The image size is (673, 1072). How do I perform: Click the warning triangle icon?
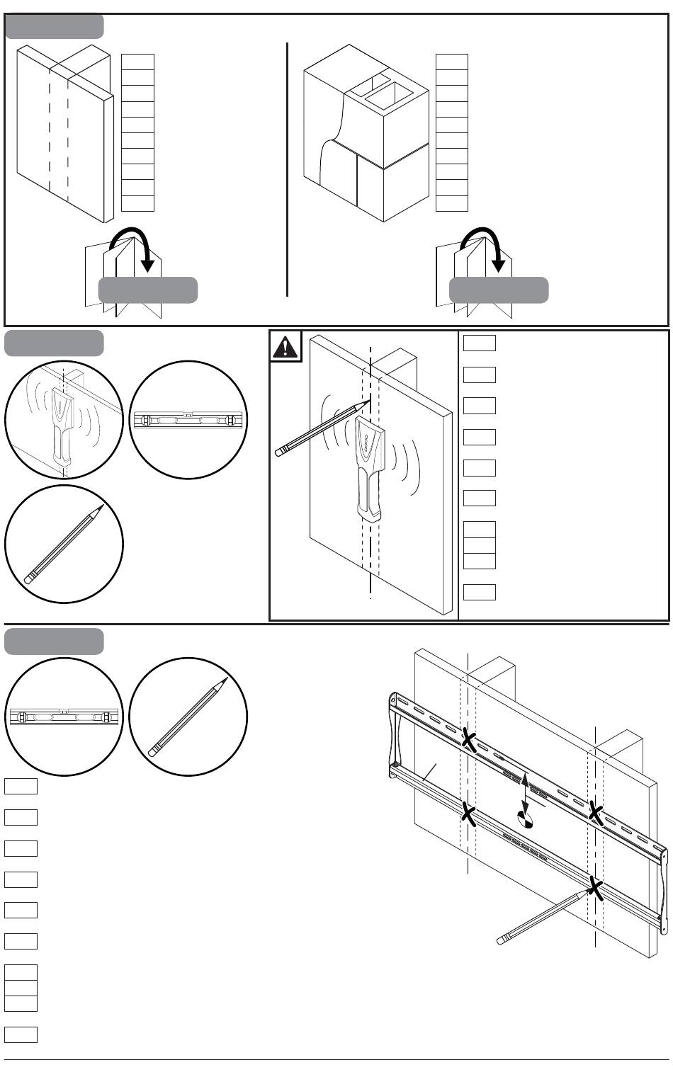tap(286, 347)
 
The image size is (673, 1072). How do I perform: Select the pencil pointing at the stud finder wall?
tap(323, 428)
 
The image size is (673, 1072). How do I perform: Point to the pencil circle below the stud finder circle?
tap(64, 544)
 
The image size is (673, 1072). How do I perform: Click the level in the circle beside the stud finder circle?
tap(188, 420)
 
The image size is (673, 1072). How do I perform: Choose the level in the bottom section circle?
tap(64, 717)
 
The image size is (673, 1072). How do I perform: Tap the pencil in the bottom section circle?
tap(188, 717)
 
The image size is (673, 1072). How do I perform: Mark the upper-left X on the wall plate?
tap(468, 739)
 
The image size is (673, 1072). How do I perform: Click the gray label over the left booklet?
tap(147, 290)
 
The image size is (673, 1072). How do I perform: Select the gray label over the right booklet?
tap(499, 290)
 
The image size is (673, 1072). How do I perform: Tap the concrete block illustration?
tap(366, 135)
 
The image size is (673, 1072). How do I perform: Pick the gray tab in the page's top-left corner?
tap(54, 26)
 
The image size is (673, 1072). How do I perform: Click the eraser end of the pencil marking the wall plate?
tap(503, 940)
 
